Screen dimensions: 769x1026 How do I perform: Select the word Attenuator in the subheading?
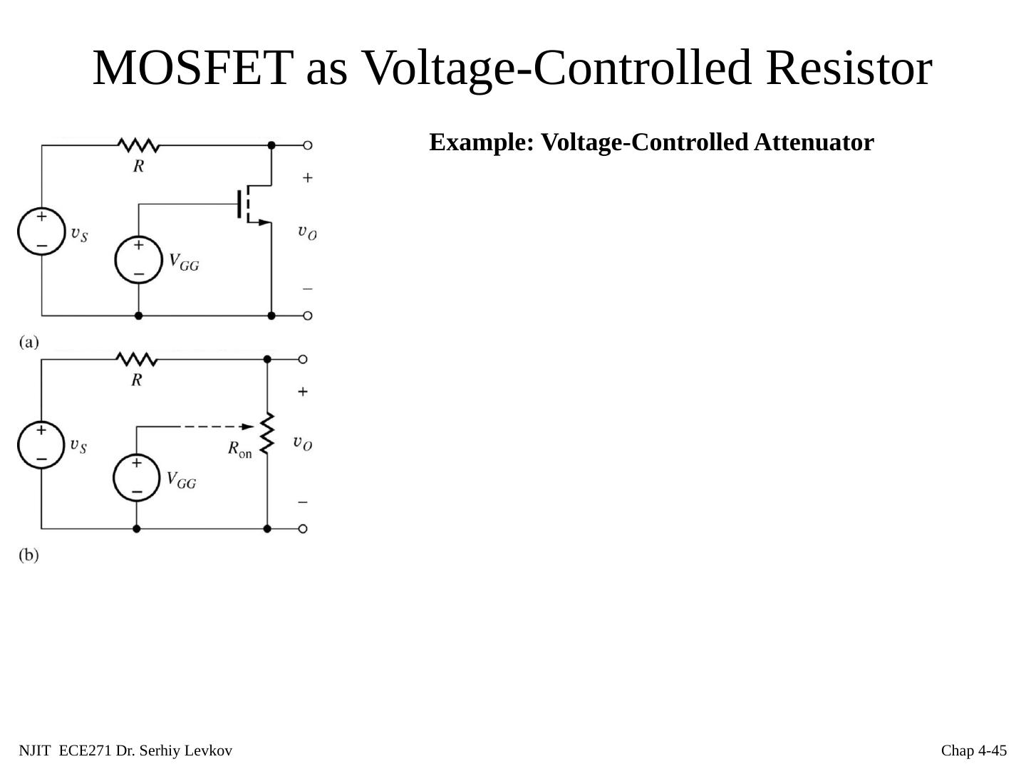(814, 142)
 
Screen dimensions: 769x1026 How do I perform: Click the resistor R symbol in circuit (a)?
(138, 146)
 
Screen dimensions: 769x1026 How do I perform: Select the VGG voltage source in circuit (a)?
(138, 260)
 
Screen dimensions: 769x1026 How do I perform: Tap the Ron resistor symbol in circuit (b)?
(267, 432)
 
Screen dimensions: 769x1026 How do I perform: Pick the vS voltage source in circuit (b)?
(41, 445)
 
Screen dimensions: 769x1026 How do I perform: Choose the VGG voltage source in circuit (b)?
(136, 477)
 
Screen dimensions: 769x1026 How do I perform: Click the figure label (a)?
(29, 342)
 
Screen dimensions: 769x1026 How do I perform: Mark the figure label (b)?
(29, 555)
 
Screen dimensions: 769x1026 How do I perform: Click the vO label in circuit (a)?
(307, 231)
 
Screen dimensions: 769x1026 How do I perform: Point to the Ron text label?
(239, 449)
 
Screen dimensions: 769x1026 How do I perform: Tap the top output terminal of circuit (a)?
(307, 145)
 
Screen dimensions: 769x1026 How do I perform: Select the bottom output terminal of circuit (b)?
(303, 529)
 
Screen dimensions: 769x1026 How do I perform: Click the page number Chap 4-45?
(974, 750)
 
